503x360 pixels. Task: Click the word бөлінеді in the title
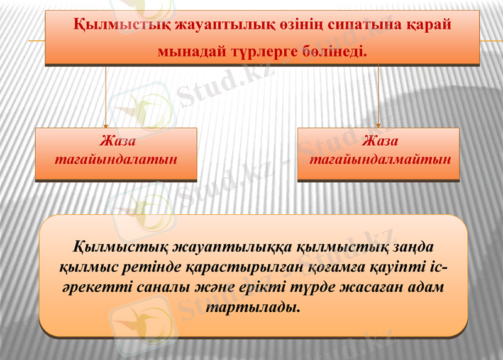[334, 50]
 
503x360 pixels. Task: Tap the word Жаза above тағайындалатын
[116, 139]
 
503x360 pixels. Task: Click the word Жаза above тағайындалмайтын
[379, 139]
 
